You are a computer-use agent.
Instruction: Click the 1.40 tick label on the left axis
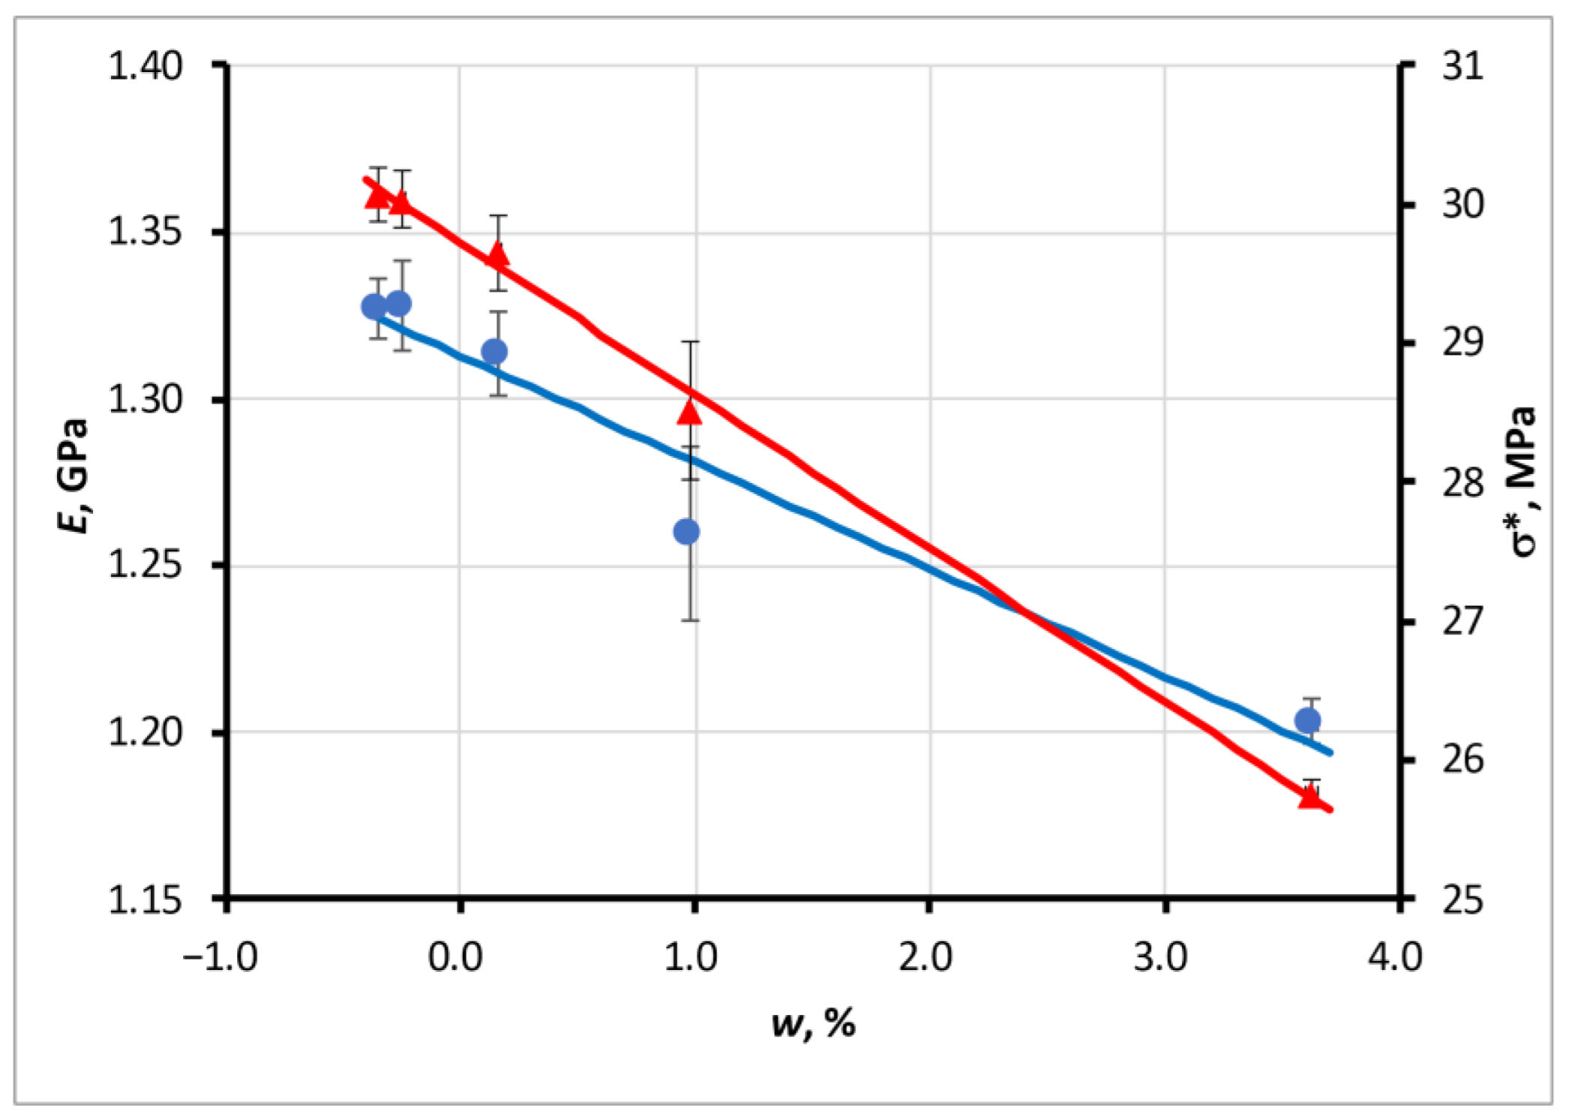[x=146, y=67]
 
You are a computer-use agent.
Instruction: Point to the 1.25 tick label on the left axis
[x=146, y=566]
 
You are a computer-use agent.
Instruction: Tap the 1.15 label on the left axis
[x=146, y=899]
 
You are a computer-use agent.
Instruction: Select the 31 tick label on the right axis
[x=1462, y=67]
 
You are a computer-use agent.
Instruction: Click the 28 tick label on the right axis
[x=1462, y=482]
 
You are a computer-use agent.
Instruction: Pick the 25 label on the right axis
[x=1462, y=899]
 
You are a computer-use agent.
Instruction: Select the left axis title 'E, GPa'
[x=74, y=476]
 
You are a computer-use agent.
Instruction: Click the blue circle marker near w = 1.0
[x=687, y=532]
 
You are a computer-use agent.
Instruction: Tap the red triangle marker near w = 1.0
[x=690, y=412]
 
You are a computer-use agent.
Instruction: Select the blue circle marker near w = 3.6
[x=1308, y=721]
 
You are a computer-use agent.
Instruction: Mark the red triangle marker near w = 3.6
[x=1310, y=797]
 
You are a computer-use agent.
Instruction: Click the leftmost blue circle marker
[x=374, y=307]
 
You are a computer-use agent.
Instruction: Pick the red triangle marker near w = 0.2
[x=498, y=256]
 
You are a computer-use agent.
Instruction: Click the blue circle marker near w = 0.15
[x=494, y=351]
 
